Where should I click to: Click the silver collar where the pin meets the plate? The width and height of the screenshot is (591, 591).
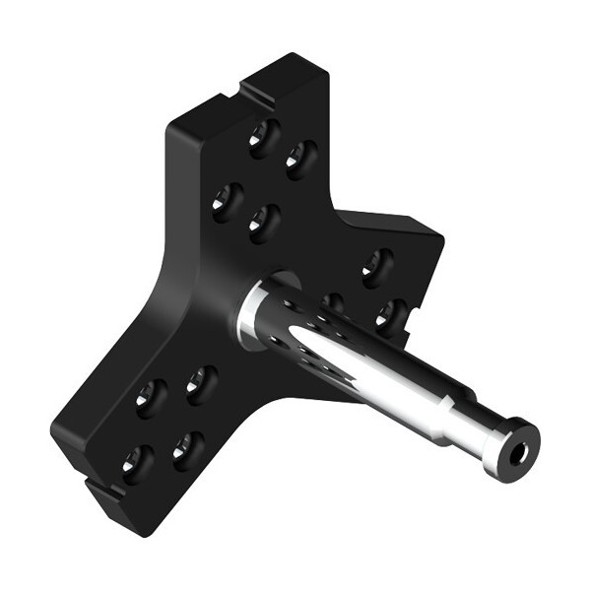pos(253,313)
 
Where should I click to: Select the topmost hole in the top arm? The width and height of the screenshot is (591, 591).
pos(262,137)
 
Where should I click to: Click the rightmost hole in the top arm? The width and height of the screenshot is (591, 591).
pos(300,158)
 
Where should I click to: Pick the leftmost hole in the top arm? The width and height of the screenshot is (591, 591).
pos(227,202)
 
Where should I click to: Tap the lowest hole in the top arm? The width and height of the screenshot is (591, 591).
pos(263,223)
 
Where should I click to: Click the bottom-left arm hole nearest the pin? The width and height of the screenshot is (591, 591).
pos(201,384)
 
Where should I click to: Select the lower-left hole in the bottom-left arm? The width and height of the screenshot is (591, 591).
pos(137,462)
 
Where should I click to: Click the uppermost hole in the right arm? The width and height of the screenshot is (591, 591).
pos(376,266)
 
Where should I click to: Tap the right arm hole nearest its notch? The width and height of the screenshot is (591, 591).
pos(390,314)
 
